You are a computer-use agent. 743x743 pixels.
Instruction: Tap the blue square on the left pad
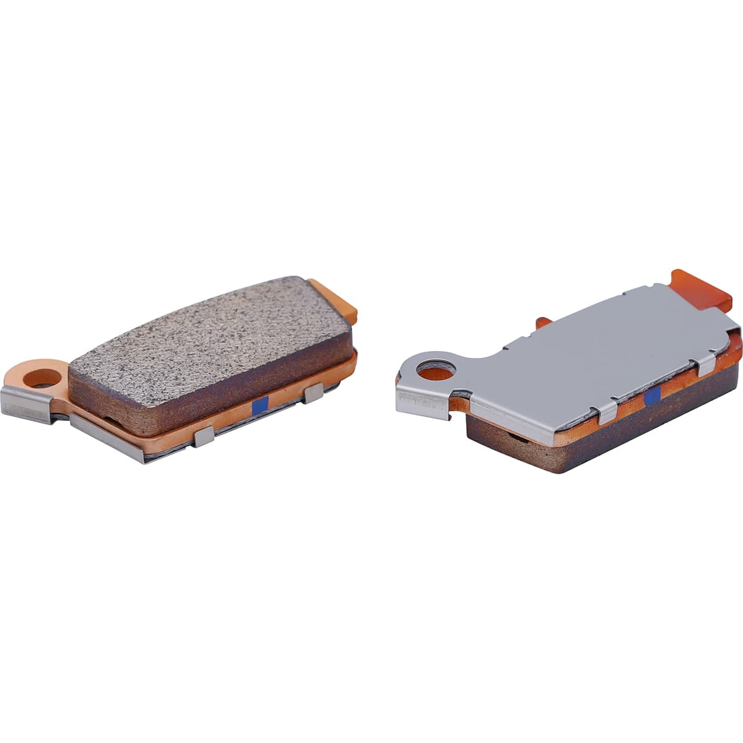(x=261, y=405)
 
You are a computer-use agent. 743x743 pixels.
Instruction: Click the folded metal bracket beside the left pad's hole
(x=26, y=404)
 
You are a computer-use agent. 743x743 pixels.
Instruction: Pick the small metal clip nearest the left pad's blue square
(x=313, y=393)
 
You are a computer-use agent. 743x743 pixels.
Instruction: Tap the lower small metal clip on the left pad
(x=204, y=436)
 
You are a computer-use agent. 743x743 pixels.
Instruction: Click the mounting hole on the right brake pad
(x=436, y=370)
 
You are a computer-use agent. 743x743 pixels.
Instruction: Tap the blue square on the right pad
(x=651, y=398)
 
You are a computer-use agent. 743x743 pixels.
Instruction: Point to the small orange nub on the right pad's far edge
(x=543, y=322)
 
